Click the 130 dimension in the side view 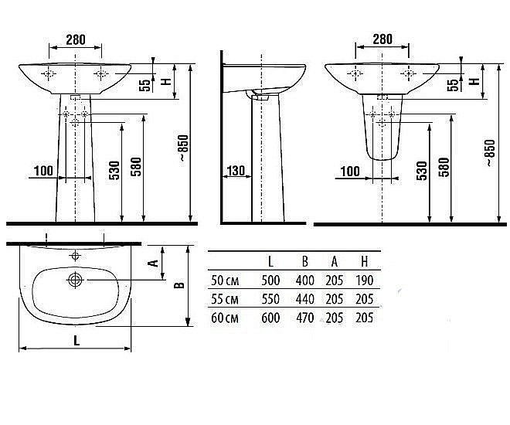point(236,171)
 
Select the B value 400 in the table point(304,280)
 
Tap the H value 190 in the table point(364,280)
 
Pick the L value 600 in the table point(270,318)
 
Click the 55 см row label point(225,299)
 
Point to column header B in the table point(304,261)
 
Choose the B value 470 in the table point(304,318)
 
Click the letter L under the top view point(76,341)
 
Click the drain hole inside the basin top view point(76,280)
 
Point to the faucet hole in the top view point(75,256)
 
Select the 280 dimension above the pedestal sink point(76,39)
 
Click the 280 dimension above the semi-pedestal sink point(382,39)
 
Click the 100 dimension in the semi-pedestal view point(350,172)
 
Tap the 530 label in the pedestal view point(114,171)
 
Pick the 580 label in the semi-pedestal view point(444,167)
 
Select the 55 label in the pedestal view point(146,85)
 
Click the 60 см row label point(225,318)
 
